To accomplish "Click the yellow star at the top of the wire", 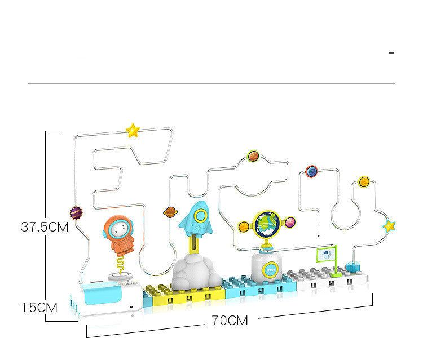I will (x=133, y=131).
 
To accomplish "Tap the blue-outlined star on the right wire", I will (x=389, y=226).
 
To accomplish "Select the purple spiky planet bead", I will (x=76, y=213).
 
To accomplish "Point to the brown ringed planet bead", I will (x=170, y=212).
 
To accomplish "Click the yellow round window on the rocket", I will (x=200, y=215).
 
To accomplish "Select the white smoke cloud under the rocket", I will (x=196, y=272).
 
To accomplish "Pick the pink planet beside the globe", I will (x=290, y=223).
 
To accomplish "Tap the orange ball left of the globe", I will (x=244, y=227).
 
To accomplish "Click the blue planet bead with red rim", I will (x=311, y=171).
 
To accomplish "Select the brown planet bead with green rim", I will (x=253, y=156).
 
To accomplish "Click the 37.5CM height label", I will (x=45, y=228).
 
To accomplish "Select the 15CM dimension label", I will (x=39, y=308).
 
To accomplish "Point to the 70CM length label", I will (x=230, y=321).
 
